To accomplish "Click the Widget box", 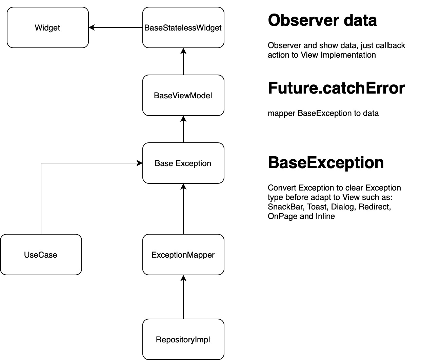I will (x=47, y=27).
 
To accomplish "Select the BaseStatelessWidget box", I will (x=183, y=27).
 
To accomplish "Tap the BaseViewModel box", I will (x=183, y=95).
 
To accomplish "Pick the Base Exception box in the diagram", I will (x=183, y=163).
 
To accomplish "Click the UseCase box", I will (x=41, y=255).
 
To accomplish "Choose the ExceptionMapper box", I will (x=183, y=255).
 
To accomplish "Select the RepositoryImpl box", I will (x=183, y=339).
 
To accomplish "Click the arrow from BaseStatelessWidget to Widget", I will (x=115, y=27).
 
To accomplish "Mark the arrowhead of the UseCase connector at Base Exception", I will (x=139, y=163).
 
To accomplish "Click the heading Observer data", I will (x=322, y=20).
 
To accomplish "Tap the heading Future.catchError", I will (x=336, y=88).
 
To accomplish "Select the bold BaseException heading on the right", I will (x=325, y=162).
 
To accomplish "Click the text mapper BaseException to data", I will (x=323, y=113).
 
